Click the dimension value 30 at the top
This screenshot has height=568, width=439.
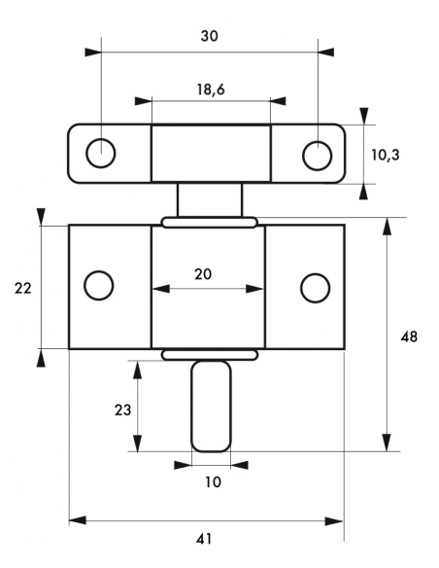coord(210,36)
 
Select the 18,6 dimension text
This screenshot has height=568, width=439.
coord(211,89)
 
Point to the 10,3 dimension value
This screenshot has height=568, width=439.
coord(386,155)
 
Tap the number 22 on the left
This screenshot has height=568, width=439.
coord(22,288)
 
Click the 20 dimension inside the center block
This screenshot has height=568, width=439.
coord(203,274)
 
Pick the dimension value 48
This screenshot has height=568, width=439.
coord(409,337)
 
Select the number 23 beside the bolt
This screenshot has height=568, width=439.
coord(122,410)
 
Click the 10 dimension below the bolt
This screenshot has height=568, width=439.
coord(213,482)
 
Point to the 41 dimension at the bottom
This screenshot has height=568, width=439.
coord(204,540)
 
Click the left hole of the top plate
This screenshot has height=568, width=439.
coord(101,153)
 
